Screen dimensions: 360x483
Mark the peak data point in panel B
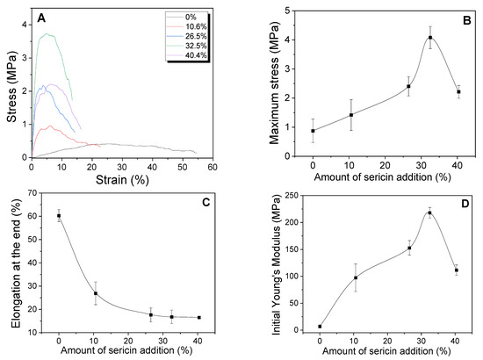point(430,38)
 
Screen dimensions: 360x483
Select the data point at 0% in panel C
point(59,216)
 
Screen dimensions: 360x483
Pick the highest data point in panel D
point(429,212)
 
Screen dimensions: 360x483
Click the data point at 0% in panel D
point(320,327)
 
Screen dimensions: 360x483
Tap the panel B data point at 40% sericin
point(458,92)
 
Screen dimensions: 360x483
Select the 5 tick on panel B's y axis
point(299,11)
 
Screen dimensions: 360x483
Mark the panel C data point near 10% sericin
point(96,293)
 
